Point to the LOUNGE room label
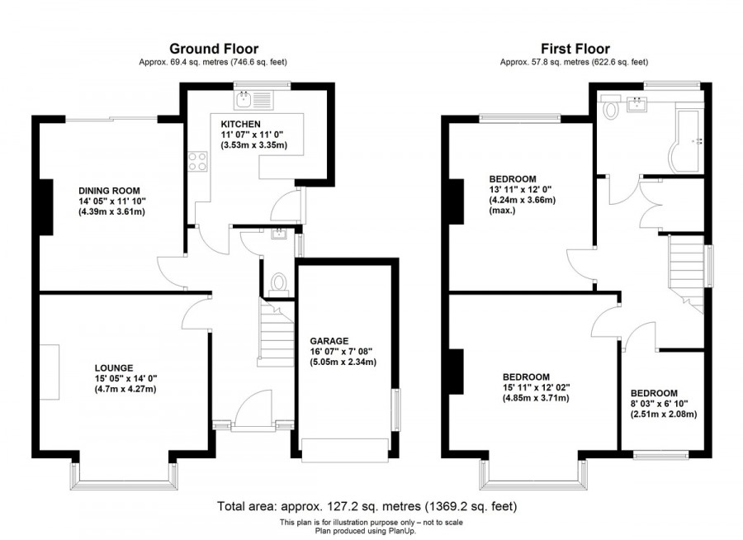[113, 367]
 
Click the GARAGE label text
[329, 340]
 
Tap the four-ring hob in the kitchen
[198, 161]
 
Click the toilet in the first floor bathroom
[612, 108]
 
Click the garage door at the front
[344, 449]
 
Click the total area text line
[367, 506]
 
